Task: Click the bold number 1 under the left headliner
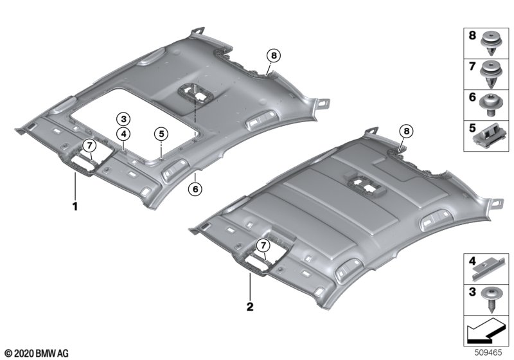pos(75,206)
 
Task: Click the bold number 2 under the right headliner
pos(250,307)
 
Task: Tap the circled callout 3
pos(123,119)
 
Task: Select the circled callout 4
pos(123,134)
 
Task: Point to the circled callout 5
pos(161,134)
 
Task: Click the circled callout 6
pos(195,189)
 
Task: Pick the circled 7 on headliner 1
pos(89,145)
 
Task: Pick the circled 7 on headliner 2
pos(263,245)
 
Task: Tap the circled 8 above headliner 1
pos(274,56)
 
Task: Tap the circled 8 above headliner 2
pos(407,132)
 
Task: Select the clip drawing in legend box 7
pos(492,74)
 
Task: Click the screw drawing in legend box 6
pos(489,105)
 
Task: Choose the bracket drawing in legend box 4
pos(489,269)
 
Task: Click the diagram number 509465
pos(488,353)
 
